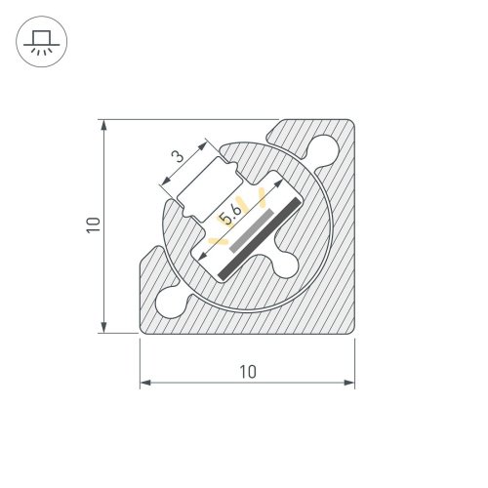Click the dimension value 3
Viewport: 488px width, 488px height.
177,156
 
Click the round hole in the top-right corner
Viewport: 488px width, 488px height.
324,149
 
